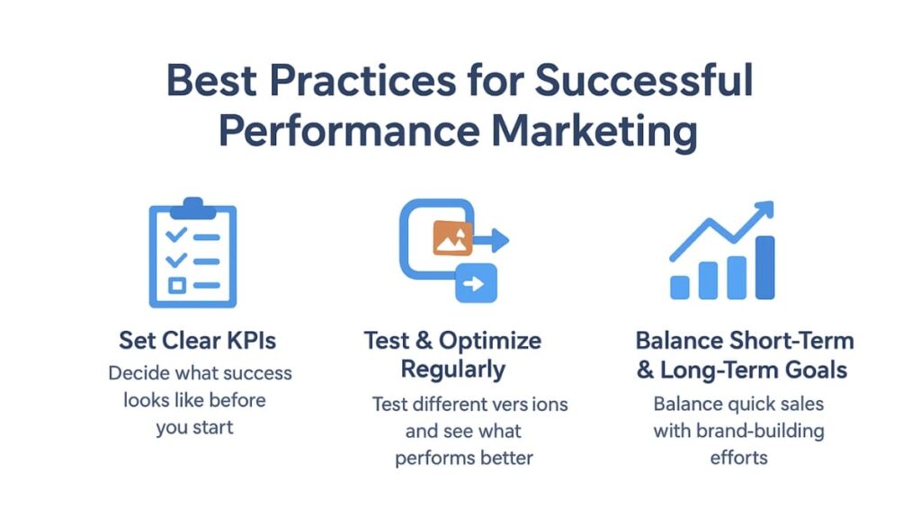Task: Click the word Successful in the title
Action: pyautogui.click(x=643, y=79)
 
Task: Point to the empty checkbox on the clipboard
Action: pyautogui.click(x=177, y=285)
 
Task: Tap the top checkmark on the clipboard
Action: pyautogui.click(x=176, y=235)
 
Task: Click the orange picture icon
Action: pyautogui.click(x=453, y=237)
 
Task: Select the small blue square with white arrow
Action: pyautogui.click(x=476, y=283)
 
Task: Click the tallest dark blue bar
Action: pyautogui.click(x=765, y=268)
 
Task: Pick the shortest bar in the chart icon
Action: pyautogui.click(x=680, y=288)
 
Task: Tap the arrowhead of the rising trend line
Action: pyautogui.click(x=765, y=210)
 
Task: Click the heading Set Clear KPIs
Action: pyautogui.click(x=197, y=341)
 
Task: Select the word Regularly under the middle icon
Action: pyautogui.click(x=453, y=370)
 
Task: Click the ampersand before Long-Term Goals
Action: pyautogui.click(x=645, y=370)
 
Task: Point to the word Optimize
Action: pyautogui.click(x=490, y=341)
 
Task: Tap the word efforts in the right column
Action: pyautogui.click(x=739, y=458)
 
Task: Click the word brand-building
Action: pyautogui.click(x=760, y=431)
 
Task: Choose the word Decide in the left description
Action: pyautogui.click(x=139, y=373)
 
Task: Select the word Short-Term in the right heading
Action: pyautogui.click(x=791, y=341)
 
